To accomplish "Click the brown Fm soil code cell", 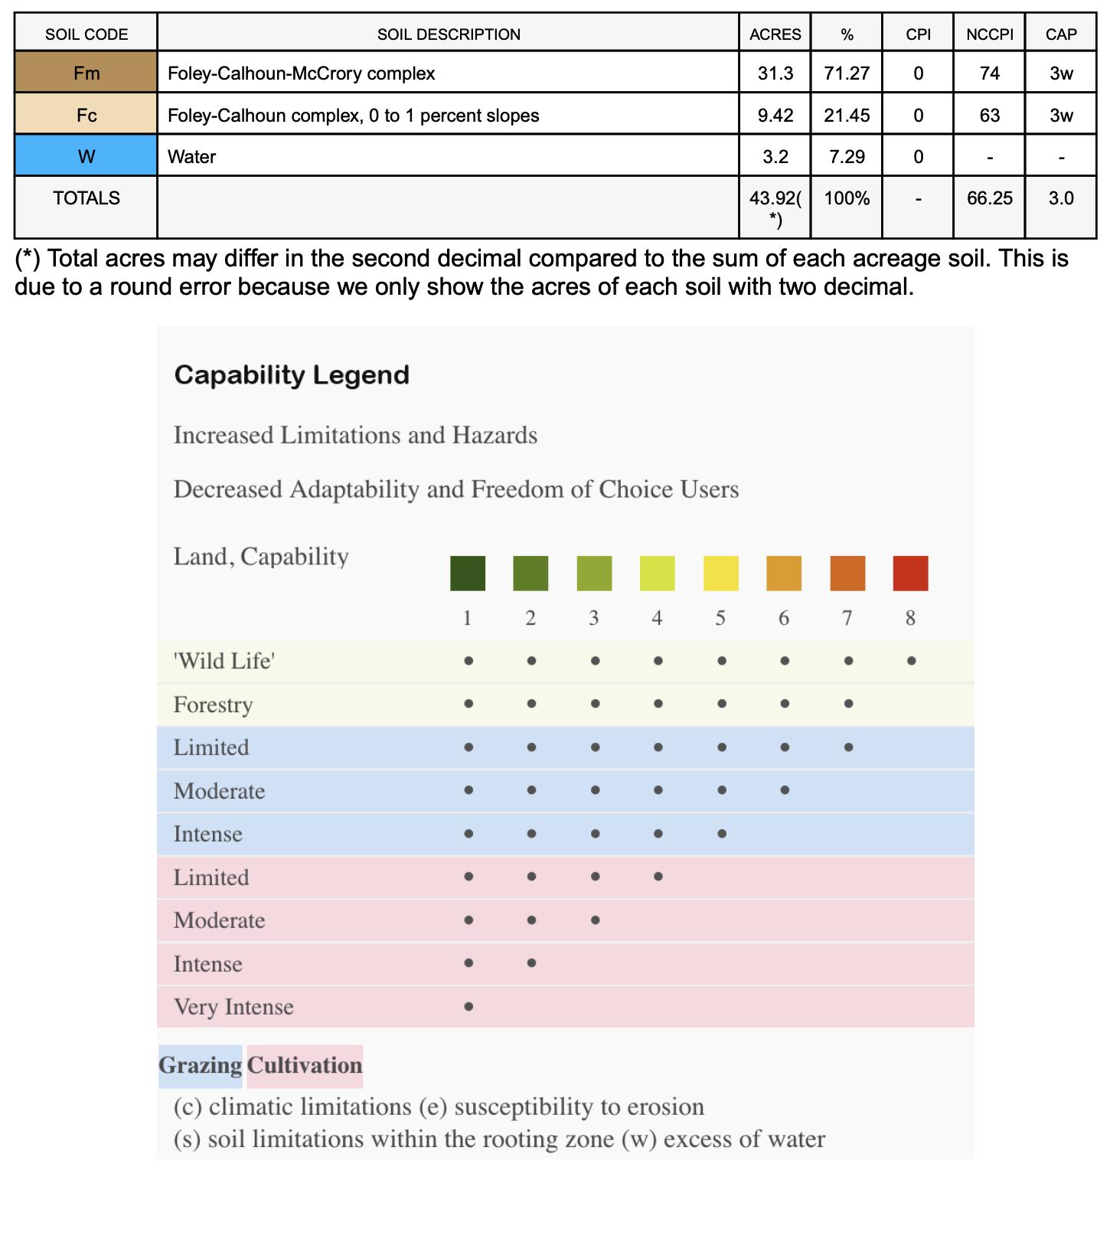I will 87,73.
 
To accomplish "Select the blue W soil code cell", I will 87,156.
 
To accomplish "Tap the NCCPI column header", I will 989,34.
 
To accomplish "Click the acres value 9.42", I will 775,115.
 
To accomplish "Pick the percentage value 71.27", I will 846,73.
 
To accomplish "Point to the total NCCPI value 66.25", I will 989,198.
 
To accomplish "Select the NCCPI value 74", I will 989,73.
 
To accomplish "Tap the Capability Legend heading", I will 292,374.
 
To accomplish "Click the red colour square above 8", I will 910,574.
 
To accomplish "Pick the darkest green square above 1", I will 467,574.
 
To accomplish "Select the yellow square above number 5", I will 720,574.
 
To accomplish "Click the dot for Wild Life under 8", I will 911,661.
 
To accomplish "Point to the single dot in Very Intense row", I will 468,1007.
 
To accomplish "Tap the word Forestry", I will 213,704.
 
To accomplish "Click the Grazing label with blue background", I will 200,1065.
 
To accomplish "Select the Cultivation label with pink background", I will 305,1065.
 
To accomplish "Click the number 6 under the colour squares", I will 784,618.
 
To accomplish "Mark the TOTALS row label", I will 87,198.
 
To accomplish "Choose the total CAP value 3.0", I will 1061,198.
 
